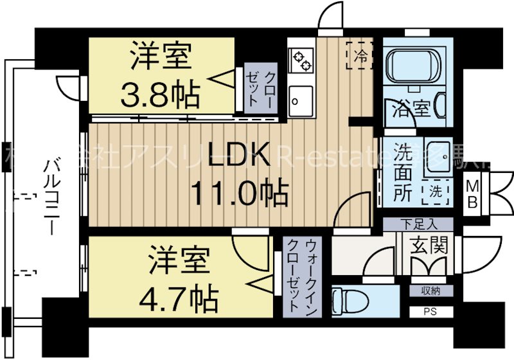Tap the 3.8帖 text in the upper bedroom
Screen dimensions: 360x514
pyautogui.click(x=160, y=94)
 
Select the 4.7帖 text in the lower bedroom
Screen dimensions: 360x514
pyautogui.click(x=179, y=296)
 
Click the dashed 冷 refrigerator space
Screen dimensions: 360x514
pyautogui.click(x=359, y=56)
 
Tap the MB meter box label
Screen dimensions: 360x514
pyautogui.click(x=472, y=193)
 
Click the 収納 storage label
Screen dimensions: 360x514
pyautogui.click(x=431, y=291)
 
